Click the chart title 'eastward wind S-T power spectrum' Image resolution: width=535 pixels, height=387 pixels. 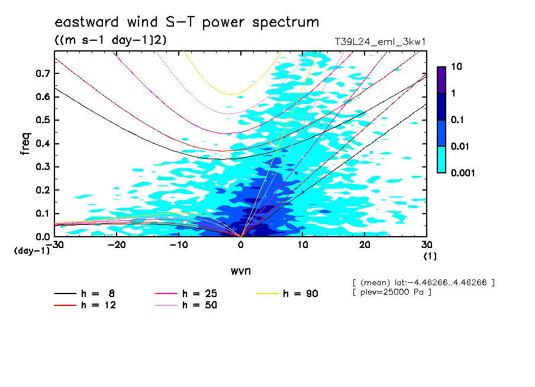click(186, 22)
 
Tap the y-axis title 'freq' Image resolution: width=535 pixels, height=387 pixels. click(25, 144)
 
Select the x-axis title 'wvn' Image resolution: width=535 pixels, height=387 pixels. click(241, 271)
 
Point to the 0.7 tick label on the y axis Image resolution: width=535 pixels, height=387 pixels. click(43, 73)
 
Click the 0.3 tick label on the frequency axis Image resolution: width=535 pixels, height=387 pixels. click(43, 166)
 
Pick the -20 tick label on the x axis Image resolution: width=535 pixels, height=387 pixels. click(117, 245)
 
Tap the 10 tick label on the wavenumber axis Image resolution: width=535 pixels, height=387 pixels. click(302, 245)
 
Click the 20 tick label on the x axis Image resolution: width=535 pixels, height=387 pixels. click(365, 245)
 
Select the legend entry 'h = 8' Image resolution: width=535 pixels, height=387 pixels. click(84, 294)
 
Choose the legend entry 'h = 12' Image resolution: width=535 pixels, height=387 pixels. click(85, 305)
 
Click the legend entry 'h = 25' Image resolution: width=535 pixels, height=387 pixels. click(186, 294)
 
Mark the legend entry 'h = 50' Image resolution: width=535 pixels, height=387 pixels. click(186, 305)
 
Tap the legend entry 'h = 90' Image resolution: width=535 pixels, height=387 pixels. click(287, 294)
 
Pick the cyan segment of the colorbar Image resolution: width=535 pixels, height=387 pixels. click(441, 160)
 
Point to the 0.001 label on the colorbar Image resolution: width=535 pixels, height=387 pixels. click(463, 173)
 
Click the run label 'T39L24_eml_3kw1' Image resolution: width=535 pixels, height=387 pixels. click(380, 42)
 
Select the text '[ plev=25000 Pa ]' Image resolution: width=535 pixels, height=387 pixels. click(392, 292)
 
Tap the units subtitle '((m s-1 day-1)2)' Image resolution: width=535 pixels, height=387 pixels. click(111, 40)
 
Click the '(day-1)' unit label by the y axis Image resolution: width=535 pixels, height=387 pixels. click(31, 251)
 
